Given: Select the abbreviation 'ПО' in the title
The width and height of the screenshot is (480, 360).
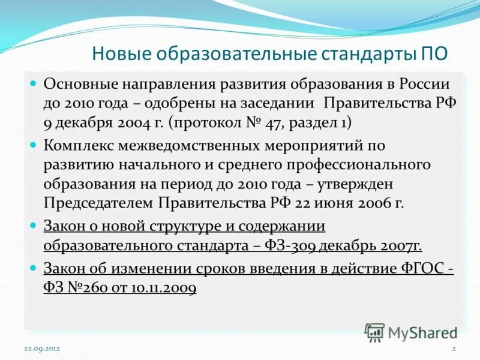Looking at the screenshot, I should pos(431,54).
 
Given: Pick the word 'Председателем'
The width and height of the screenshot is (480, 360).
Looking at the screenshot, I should pos(97,203).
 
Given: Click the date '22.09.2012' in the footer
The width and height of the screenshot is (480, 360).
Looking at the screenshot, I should pos(42,348).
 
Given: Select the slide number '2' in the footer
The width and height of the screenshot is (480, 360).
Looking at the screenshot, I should pos(454,348).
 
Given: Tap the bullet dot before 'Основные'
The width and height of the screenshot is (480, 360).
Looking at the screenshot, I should pos(34,83).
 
